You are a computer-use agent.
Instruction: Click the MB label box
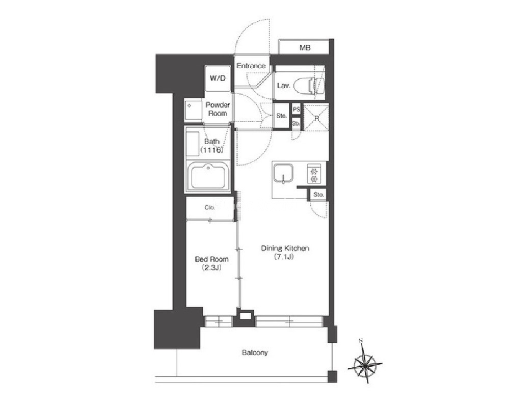[304, 47]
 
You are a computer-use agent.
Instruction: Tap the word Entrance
[251, 66]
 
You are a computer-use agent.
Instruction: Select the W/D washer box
[218, 78]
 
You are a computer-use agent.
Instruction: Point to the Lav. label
[283, 86]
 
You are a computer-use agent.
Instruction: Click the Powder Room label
[218, 109]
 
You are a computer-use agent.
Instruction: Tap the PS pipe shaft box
[296, 110]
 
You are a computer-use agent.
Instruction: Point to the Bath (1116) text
[211, 146]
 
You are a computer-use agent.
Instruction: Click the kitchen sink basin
[283, 173]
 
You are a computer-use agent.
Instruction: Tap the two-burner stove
[314, 174]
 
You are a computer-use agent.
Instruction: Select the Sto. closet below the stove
[318, 195]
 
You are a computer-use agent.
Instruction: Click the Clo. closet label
[210, 207]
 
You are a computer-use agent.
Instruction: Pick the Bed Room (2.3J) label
[211, 263]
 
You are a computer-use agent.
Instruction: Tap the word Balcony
[255, 352]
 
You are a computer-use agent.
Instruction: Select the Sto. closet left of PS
[281, 116]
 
